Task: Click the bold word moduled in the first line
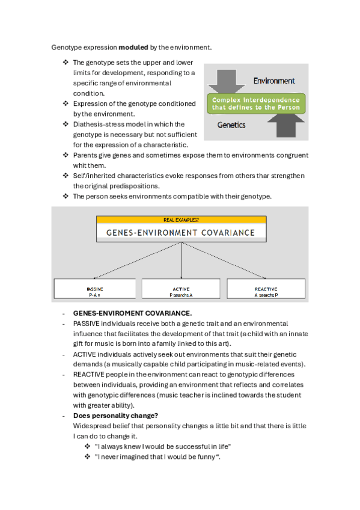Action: pos(133,48)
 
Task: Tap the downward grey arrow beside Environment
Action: pos(227,81)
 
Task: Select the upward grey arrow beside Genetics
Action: pos(286,125)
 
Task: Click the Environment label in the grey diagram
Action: pos(274,81)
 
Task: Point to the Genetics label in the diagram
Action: pos(231,125)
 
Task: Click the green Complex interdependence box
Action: pos(256,104)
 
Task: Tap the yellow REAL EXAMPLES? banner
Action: pos(182,220)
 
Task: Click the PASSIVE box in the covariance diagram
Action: pos(94,289)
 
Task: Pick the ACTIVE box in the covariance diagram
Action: pos(181,289)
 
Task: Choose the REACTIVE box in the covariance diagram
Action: pos(266,289)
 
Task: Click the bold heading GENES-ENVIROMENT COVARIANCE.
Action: pos(133,313)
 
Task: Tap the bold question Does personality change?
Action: pos(115,416)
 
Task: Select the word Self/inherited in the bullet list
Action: pos(94,176)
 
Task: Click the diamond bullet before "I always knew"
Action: pos(87,446)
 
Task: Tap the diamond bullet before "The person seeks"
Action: pos(66,196)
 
